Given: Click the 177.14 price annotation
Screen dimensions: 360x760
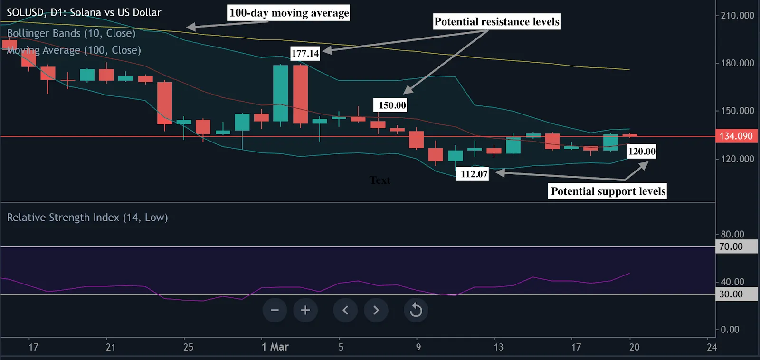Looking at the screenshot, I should click(305, 53).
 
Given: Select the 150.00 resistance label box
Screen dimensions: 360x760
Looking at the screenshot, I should click(392, 105).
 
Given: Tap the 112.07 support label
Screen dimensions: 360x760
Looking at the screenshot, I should click(474, 174).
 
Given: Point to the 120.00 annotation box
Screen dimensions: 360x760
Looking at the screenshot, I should click(642, 152).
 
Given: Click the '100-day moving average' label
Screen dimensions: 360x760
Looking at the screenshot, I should click(289, 13).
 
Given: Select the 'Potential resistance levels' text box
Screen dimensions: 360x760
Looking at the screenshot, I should click(496, 22).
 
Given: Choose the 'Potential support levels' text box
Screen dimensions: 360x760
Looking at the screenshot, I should click(608, 191).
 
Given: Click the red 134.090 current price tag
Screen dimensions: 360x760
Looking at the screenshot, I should click(736, 136).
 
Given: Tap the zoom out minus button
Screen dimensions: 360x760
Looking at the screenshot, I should click(275, 310).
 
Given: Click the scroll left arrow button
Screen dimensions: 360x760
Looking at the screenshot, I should click(345, 310).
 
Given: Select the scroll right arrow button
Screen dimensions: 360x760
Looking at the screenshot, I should click(376, 310).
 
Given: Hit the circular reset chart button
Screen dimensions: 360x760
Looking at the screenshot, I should click(416, 310).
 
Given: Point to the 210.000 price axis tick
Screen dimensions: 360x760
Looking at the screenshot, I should click(737, 16).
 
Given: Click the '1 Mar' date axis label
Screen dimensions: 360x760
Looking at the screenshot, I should click(275, 347).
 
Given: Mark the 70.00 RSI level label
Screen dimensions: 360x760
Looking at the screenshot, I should click(731, 246).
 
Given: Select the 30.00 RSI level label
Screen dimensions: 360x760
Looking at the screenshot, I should click(731, 294).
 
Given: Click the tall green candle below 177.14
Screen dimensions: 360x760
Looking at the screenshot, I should click(280, 93).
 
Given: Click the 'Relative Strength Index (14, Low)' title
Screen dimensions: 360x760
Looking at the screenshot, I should click(87, 218).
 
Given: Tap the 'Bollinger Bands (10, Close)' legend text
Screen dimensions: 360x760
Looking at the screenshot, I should click(71, 33).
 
